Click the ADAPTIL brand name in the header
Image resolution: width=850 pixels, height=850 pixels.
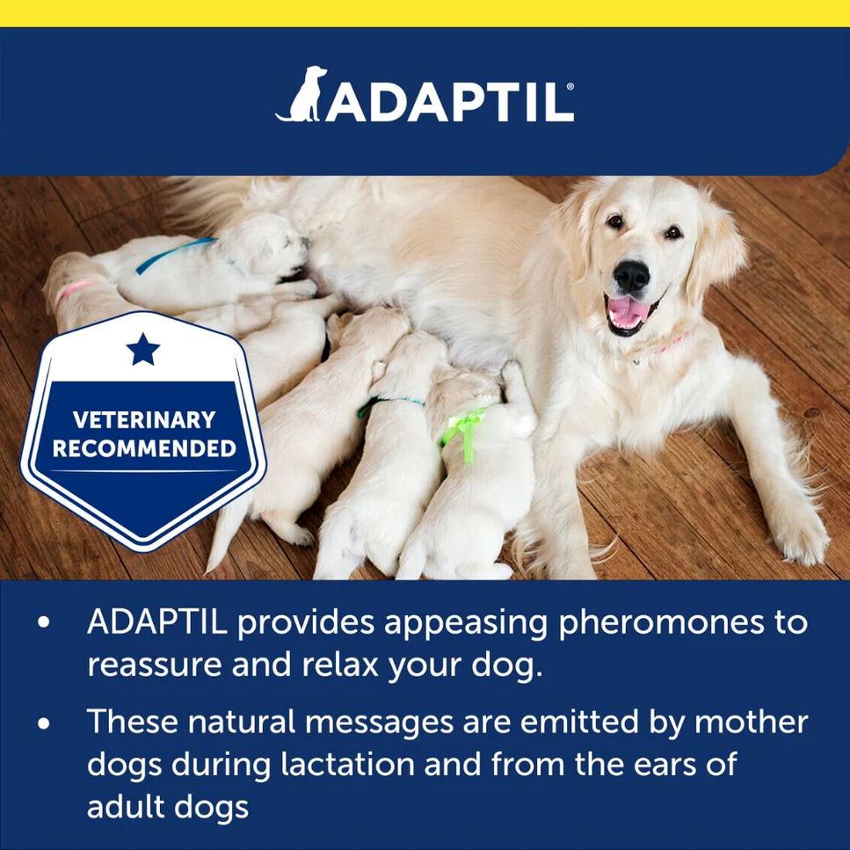tap(448, 102)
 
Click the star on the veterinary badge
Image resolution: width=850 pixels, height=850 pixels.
tap(143, 349)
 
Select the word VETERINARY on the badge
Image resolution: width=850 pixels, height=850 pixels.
tap(143, 419)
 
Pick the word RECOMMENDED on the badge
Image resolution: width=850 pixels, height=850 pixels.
tap(143, 448)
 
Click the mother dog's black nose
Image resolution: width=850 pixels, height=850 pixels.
tap(631, 277)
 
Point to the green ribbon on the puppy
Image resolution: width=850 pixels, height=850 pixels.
tap(464, 429)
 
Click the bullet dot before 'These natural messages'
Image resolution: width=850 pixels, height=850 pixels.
tap(44, 723)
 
